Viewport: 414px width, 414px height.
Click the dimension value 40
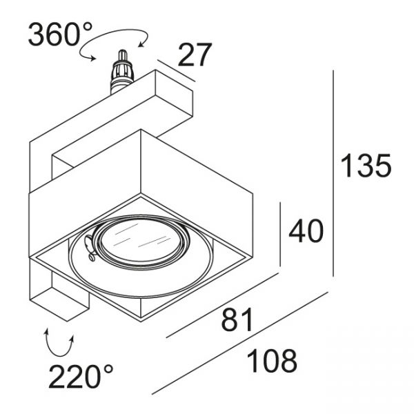(306, 231)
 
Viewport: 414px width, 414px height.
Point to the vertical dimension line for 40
(283, 235)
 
